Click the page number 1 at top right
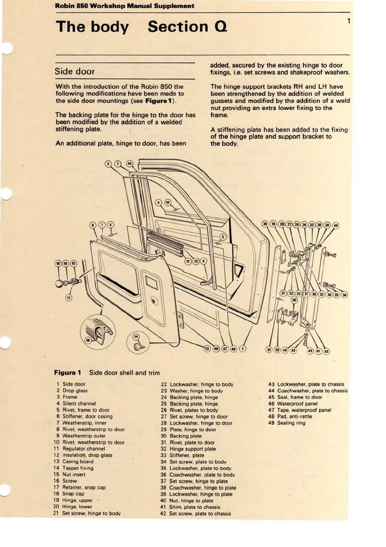[x=349, y=21]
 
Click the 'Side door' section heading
[x=75, y=71]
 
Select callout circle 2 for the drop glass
[x=108, y=164]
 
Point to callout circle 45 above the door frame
[x=129, y=163]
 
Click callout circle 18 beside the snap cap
[x=58, y=263]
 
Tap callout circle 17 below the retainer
[x=68, y=297]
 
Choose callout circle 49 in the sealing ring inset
[x=88, y=340]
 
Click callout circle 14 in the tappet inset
[x=136, y=337]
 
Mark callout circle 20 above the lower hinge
[x=294, y=300]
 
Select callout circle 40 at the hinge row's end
[x=335, y=225]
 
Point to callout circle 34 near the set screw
[x=344, y=295]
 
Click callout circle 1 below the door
[x=242, y=349]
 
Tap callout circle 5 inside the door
[x=223, y=237]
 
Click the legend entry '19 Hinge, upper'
[x=73, y=500]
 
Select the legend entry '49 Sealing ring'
[x=287, y=423]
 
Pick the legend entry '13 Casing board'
[x=74, y=462]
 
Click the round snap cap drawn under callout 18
[x=60, y=283]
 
